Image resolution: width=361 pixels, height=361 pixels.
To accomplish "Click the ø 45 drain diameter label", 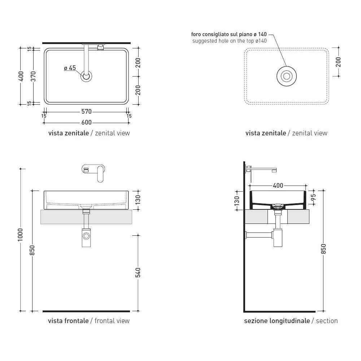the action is (70, 68).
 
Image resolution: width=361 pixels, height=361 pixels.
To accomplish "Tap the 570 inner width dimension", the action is (87, 112).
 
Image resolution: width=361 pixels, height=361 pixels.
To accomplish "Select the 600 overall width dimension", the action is (87, 122).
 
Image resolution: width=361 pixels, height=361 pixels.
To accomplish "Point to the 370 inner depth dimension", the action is (33, 77).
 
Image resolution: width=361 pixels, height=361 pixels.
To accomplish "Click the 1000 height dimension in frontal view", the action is (21, 235).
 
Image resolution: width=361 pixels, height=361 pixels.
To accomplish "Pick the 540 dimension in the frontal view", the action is (138, 272).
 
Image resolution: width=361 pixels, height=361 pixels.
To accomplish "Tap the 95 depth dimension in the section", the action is (313, 197).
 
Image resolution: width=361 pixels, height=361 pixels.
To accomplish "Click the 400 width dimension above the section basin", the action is (278, 185).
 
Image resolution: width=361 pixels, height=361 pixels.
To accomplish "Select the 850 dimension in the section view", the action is (323, 249).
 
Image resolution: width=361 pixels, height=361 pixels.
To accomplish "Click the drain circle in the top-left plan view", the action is (86, 77).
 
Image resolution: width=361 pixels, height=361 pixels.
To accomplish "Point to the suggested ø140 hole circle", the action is (287, 76).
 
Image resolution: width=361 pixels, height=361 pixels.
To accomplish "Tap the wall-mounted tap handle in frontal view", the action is (100, 174).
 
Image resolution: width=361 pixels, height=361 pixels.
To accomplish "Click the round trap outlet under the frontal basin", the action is (86, 236).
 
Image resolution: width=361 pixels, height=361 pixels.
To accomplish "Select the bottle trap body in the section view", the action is (278, 238).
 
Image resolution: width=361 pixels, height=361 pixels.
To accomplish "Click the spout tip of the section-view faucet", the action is (274, 171).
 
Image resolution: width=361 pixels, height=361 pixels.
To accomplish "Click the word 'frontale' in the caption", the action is (78, 321).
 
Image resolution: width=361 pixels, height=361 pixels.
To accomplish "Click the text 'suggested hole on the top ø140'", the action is (230, 41).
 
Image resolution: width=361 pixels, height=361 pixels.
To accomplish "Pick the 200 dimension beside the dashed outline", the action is (338, 62).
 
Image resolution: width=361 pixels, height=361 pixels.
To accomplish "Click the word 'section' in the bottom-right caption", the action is (327, 321).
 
